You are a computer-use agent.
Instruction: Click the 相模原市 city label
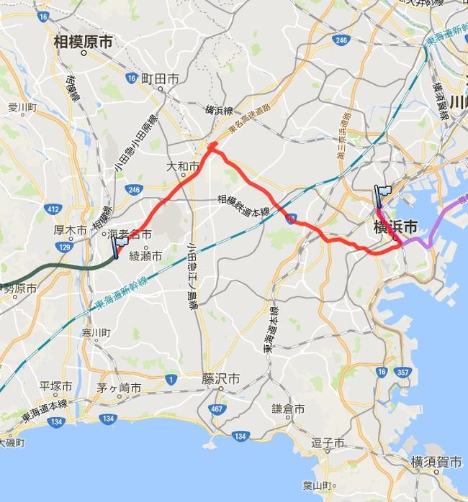pos(84,42)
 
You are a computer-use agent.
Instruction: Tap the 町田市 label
pos(160,78)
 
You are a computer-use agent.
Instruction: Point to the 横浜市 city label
pos(395,227)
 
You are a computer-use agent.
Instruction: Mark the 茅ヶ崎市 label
pos(119,387)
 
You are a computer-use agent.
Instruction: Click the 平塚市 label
pos(57,386)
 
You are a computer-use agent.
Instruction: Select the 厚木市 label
pos(71,231)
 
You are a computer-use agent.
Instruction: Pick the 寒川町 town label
pos(95,333)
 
